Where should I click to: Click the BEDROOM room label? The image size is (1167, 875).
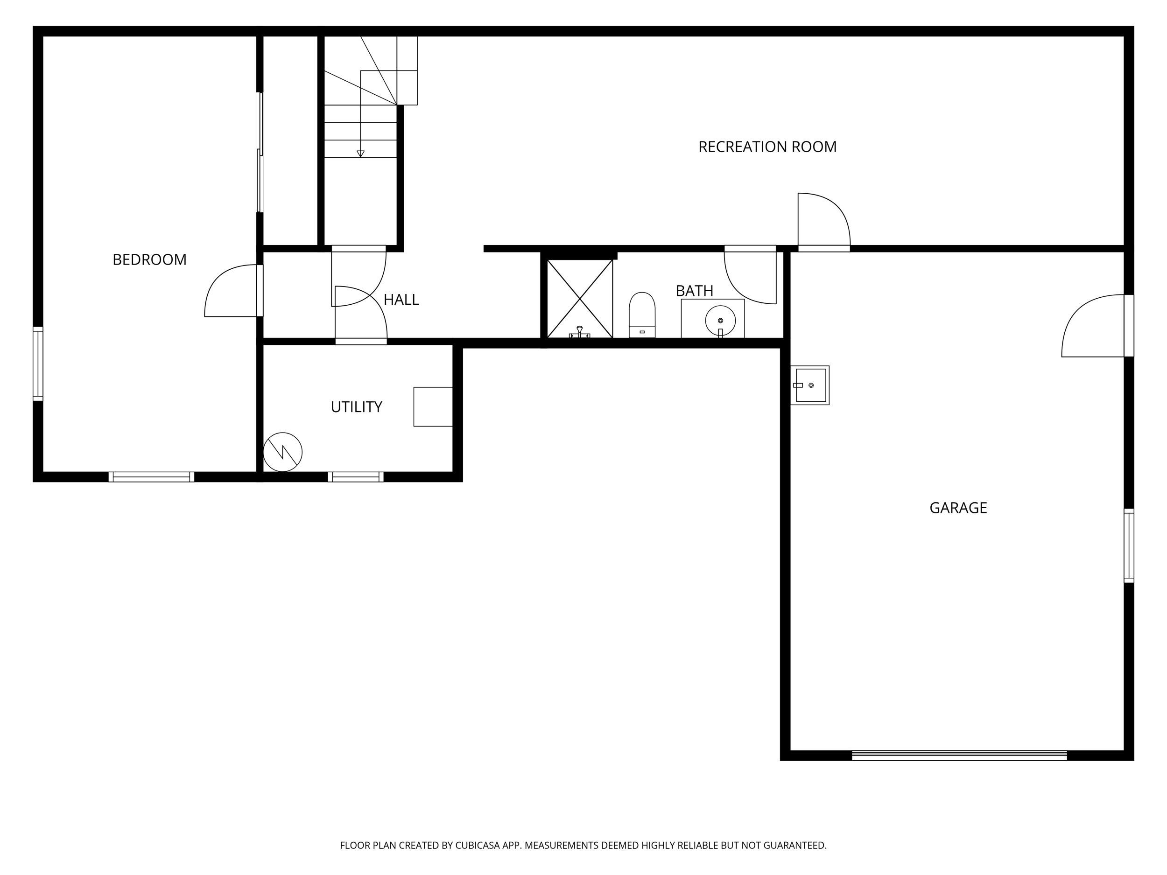coord(149,259)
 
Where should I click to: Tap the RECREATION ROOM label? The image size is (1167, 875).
coord(767,147)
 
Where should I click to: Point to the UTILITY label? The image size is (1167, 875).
coord(357,406)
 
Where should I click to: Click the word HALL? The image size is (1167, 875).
coord(401,300)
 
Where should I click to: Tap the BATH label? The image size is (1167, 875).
coord(694,291)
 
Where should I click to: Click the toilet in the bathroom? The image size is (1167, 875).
coord(642,315)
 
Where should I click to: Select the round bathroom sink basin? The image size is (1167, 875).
coord(720,320)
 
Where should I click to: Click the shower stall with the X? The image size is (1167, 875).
coord(580,299)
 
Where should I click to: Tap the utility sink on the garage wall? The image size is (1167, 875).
coord(810,385)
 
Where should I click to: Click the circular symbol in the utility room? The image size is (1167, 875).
coord(283,452)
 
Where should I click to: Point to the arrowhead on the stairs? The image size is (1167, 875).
coord(360,154)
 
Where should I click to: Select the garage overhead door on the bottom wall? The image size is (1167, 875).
coord(959,755)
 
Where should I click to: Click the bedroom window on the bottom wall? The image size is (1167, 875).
coord(151,477)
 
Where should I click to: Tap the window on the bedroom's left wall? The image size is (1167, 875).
coord(38,364)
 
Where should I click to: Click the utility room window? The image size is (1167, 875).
coord(356,477)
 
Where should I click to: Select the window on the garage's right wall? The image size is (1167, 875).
coord(1129,546)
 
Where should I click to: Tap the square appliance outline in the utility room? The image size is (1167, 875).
coord(433,406)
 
